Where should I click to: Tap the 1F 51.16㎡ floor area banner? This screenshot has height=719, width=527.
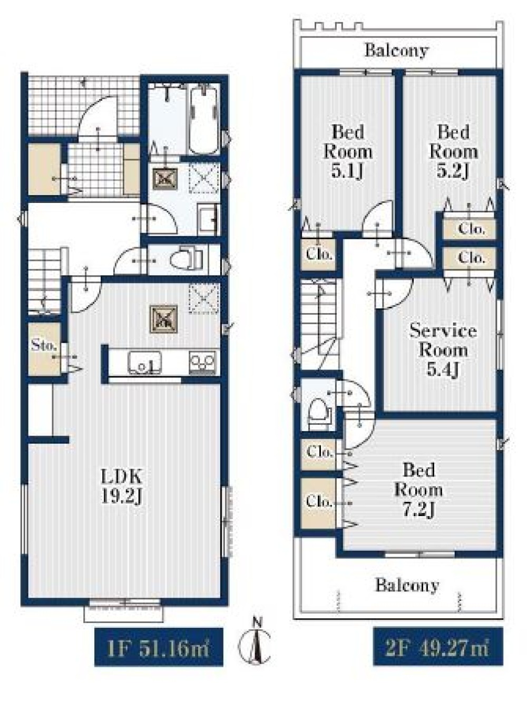click(x=159, y=649)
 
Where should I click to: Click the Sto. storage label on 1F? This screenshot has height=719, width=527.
click(x=44, y=346)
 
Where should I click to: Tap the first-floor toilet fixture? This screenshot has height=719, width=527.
click(x=186, y=259)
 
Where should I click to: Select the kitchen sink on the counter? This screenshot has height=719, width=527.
click(x=145, y=362)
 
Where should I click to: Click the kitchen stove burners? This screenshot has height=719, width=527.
click(x=202, y=362)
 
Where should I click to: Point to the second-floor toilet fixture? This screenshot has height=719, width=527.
click(x=319, y=414)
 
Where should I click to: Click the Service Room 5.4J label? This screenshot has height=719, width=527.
click(x=443, y=351)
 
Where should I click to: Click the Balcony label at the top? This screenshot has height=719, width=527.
click(x=396, y=51)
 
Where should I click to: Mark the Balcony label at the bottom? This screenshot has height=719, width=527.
click(x=407, y=585)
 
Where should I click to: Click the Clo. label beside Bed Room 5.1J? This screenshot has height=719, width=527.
click(x=318, y=255)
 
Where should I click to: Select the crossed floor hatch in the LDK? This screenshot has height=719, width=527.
click(x=163, y=319)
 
